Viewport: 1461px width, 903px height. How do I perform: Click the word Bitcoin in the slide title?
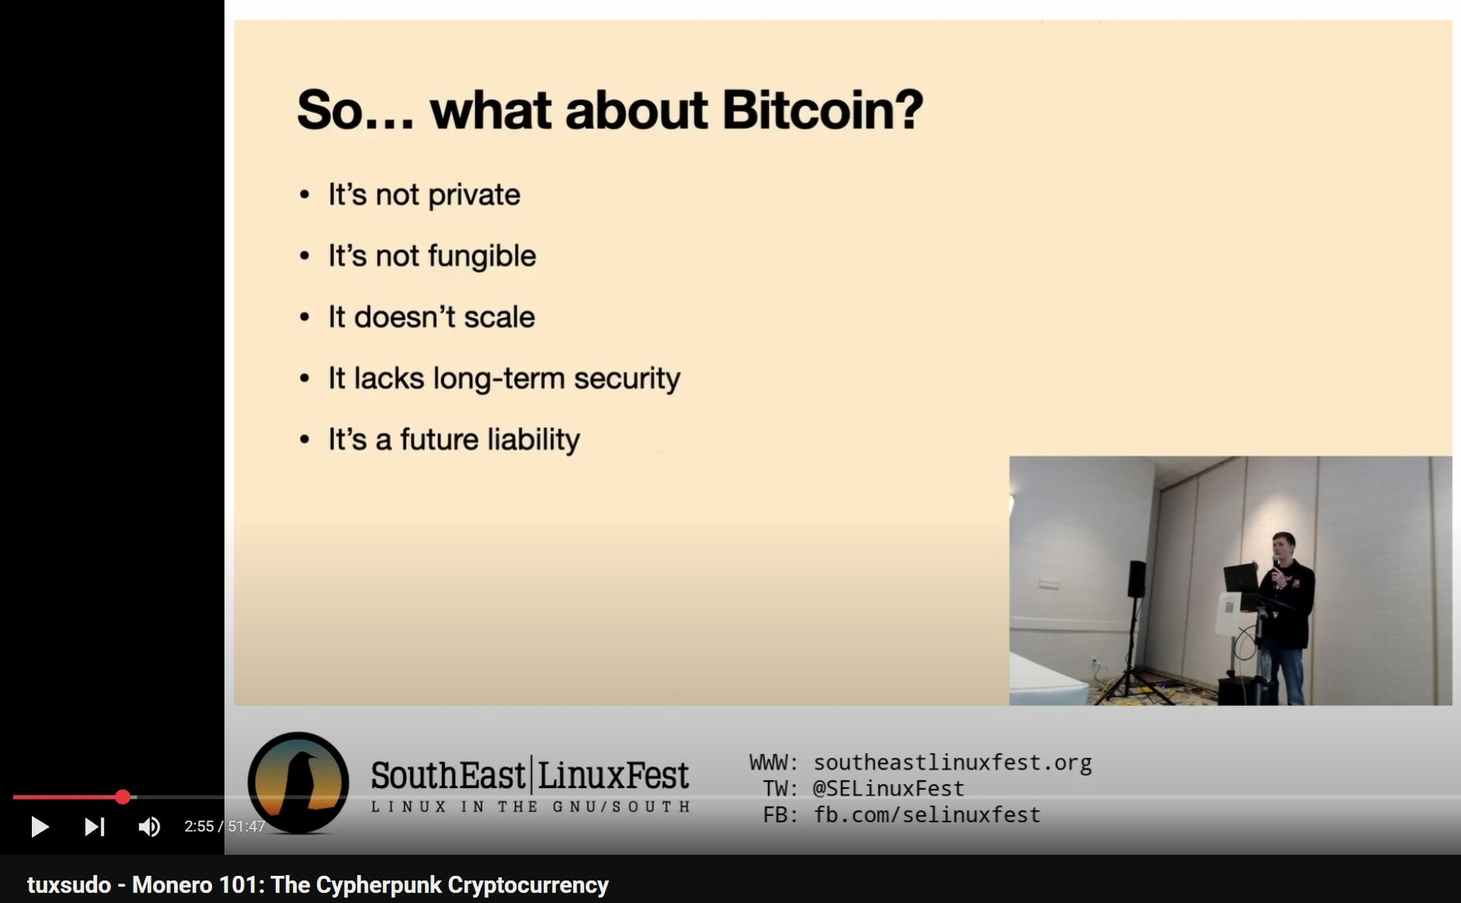click(x=822, y=109)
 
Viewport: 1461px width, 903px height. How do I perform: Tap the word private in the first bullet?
click(x=475, y=195)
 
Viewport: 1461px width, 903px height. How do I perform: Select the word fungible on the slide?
click(x=482, y=257)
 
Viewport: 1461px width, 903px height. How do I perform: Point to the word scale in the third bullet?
click(x=499, y=317)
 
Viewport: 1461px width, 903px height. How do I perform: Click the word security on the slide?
click(x=627, y=379)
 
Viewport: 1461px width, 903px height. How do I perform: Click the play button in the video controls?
click(x=39, y=827)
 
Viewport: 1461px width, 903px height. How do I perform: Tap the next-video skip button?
click(x=94, y=827)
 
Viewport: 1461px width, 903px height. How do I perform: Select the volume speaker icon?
click(x=149, y=827)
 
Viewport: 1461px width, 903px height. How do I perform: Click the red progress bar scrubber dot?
click(x=122, y=797)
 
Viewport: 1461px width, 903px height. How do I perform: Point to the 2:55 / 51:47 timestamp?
click(x=224, y=826)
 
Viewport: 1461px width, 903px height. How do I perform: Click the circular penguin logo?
click(x=298, y=783)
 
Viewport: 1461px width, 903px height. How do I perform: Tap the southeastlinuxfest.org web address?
click(x=952, y=763)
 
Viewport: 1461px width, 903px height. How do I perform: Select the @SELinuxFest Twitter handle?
click(x=888, y=789)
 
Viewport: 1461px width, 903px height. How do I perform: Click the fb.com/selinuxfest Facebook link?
click(x=927, y=815)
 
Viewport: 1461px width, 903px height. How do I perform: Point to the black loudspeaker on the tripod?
click(x=1136, y=578)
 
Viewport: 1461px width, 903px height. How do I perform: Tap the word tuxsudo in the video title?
click(x=69, y=885)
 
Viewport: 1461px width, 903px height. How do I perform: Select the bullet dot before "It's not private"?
click(x=305, y=195)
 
